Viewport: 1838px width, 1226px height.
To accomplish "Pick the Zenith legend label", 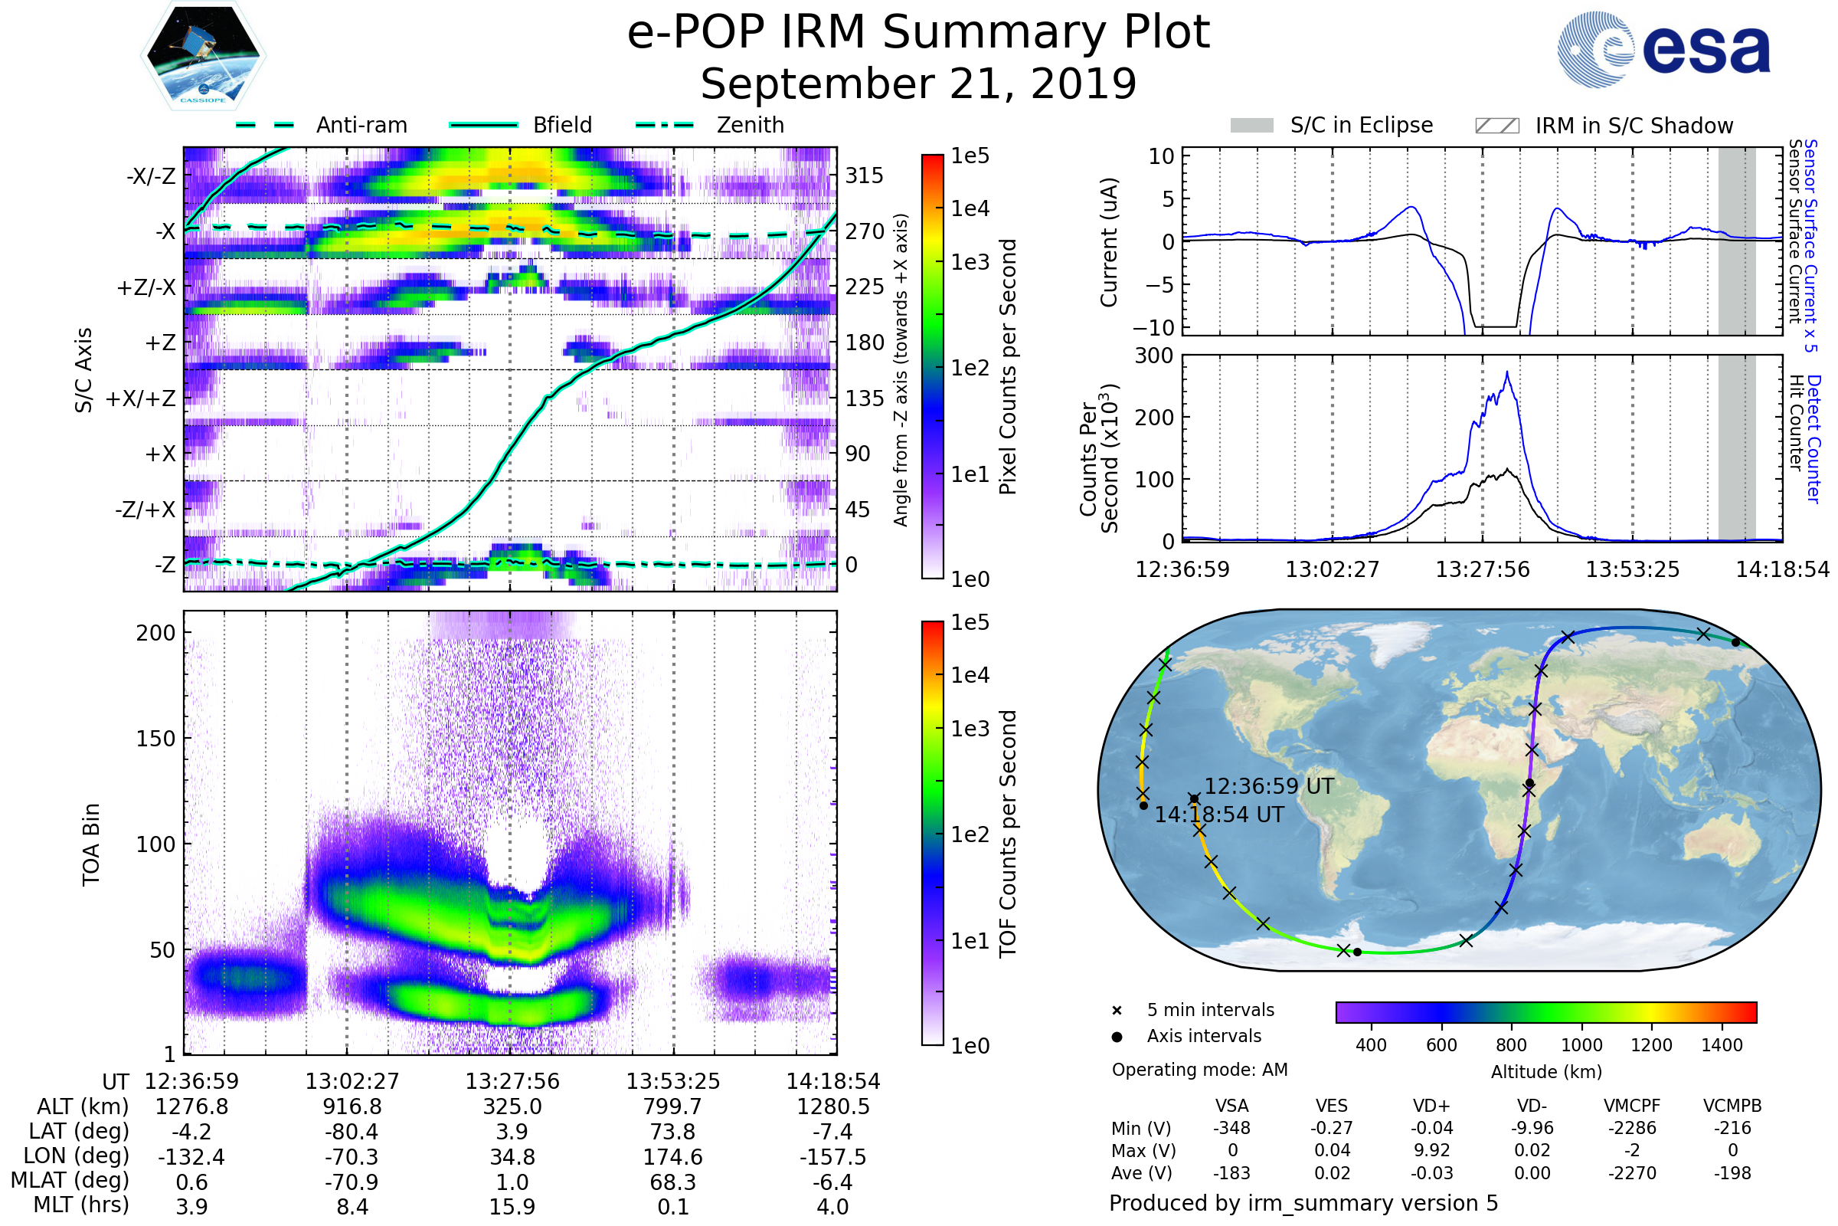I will click(751, 125).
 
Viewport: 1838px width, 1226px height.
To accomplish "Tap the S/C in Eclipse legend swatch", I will click(1251, 125).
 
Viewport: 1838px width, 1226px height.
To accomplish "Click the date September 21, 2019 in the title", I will click(918, 84).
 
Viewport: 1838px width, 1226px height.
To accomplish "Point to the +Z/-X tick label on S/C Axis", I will click(146, 288).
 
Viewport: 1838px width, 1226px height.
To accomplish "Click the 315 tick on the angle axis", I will click(864, 175).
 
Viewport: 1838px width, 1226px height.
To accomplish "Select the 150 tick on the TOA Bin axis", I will click(155, 739).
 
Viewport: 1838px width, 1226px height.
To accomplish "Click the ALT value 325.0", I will click(512, 1107).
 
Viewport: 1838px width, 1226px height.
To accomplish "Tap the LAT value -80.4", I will click(352, 1133).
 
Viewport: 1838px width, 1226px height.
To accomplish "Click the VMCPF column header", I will click(1632, 1106).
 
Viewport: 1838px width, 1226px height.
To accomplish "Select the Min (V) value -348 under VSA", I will click(1231, 1128).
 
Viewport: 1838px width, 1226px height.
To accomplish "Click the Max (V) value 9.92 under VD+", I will click(1431, 1150).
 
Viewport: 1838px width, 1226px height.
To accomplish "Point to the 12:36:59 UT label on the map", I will click(1269, 787).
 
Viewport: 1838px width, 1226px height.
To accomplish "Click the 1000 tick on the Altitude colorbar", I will click(1581, 1045).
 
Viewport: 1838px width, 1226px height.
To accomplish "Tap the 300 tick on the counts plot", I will click(1153, 356).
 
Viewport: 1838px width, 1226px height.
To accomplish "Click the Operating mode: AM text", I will click(1199, 1070).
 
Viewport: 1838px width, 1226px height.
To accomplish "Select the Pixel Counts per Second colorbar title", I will click(1008, 366).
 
